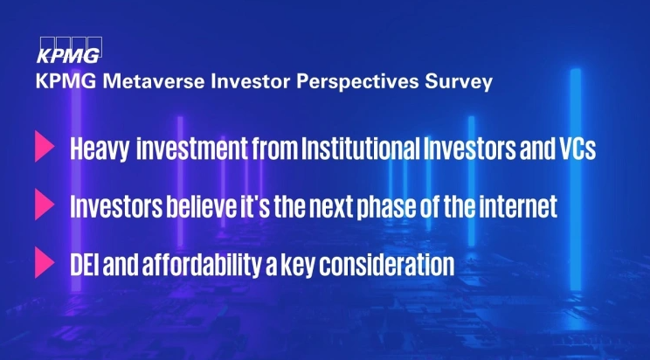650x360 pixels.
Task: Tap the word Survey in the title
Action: tap(463, 84)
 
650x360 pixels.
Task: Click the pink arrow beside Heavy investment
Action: tap(43, 148)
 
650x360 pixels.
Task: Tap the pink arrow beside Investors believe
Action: tap(43, 206)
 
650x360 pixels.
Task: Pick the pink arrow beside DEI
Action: tap(43, 263)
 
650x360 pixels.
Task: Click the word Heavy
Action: tap(98, 149)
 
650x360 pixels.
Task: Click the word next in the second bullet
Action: tap(309, 207)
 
